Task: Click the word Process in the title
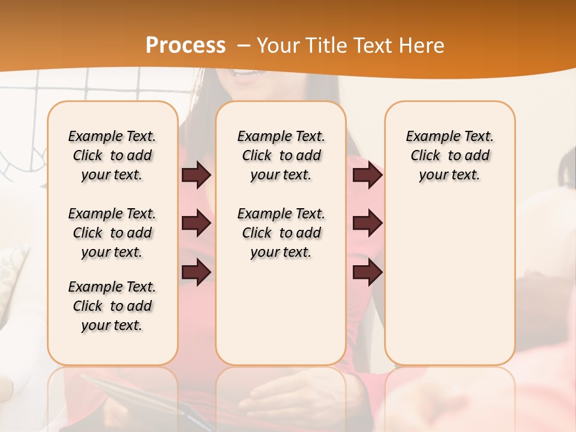[x=185, y=46]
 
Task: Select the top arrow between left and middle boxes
[x=196, y=175]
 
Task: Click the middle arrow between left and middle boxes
[x=196, y=224]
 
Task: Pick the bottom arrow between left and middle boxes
[x=196, y=272]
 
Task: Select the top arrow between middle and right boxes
[x=367, y=175]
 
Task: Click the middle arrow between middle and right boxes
[x=367, y=224]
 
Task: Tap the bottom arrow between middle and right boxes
[x=367, y=272]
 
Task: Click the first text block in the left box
[x=112, y=155]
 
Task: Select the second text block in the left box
[x=112, y=233]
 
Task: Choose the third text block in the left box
[x=112, y=306]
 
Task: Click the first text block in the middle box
[x=281, y=155]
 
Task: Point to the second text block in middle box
[x=281, y=233]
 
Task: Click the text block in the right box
[x=449, y=155]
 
